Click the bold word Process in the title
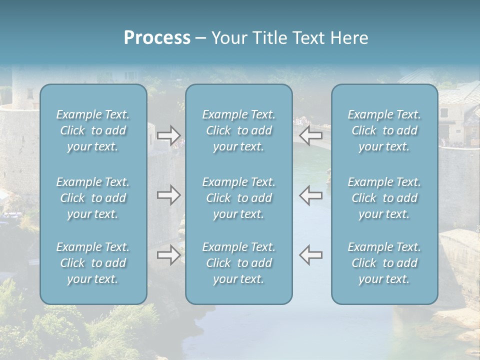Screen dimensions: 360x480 coord(157,38)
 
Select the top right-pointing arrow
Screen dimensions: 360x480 coord(168,134)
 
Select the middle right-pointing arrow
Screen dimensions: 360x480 coord(168,195)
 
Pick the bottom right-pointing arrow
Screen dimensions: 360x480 coord(168,254)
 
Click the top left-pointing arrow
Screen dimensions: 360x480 coord(311,134)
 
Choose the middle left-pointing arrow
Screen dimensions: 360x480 coord(311,195)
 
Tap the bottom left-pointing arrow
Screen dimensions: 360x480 coord(311,254)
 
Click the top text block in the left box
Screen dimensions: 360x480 coord(93,130)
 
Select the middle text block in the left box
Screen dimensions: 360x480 coord(93,198)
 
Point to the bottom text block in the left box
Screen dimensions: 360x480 coord(93,263)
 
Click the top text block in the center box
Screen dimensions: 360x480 coord(238,130)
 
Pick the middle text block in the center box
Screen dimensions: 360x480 coord(238,198)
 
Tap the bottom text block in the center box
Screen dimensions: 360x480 coord(238,263)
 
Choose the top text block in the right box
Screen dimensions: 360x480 coord(384,130)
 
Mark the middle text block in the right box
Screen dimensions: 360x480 coord(384,198)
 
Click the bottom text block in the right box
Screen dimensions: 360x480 coord(384,263)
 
